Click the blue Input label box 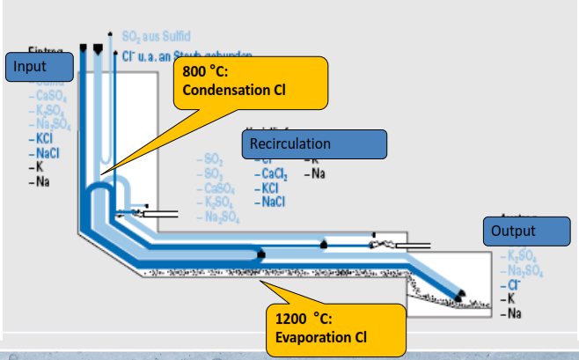(37, 67)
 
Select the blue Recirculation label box (314, 144)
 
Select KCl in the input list (42, 138)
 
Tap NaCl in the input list (45, 152)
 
